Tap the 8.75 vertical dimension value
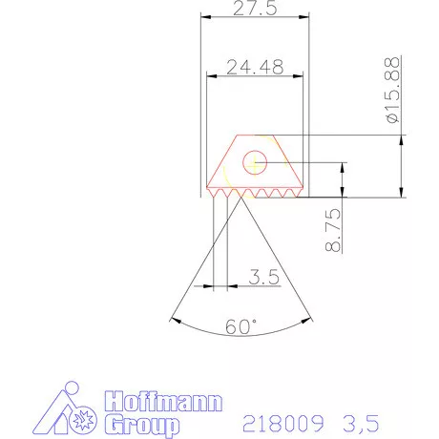[x=333, y=231]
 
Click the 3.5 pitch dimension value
[x=262, y=278]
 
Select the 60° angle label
[x=242, y=326]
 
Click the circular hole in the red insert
[x=256, y=162]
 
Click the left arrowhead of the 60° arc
[x=173, y=318]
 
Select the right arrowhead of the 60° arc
[x=311, y=318]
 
